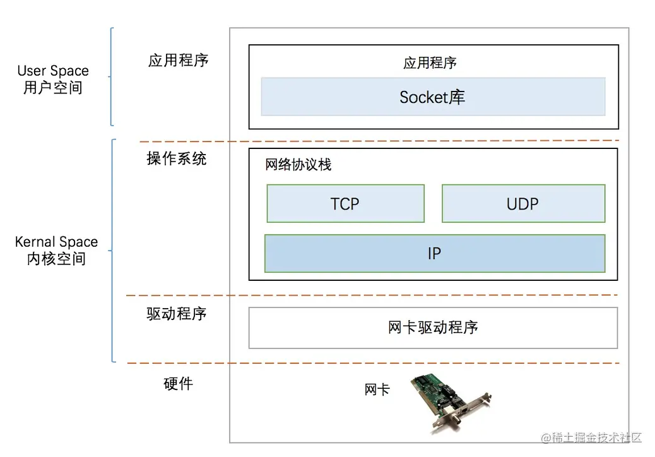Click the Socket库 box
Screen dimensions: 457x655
click(433, 97)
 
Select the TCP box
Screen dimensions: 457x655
click(345, 203)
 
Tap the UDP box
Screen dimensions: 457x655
click(523, 203)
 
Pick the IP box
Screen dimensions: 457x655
click(434, 253)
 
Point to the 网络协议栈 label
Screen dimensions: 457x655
click(298, 165)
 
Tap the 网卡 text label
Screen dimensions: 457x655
click(377, 389)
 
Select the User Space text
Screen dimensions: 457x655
click(53, 71)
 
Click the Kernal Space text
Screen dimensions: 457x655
click(56, 242)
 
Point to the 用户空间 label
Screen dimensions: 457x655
click(53, 88)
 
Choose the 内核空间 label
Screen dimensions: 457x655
click(56, 259)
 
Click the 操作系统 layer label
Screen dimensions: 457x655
click(177, 158)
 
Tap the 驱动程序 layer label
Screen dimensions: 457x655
click(177, 314)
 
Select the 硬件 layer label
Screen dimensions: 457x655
click(178, 383)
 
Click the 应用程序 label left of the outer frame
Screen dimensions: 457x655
click(178, 60)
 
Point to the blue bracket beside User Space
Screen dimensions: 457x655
click(112, 76)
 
